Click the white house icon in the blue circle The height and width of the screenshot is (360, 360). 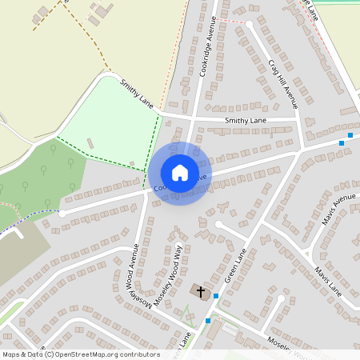179,172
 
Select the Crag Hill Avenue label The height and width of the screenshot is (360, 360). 283,82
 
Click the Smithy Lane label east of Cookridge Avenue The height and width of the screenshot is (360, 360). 246,120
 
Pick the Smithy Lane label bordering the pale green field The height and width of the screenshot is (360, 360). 136,92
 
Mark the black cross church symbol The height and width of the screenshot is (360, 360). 201,292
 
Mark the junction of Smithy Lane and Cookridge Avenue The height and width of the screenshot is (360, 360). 194,118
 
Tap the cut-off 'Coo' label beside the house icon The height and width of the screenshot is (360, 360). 157,188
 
